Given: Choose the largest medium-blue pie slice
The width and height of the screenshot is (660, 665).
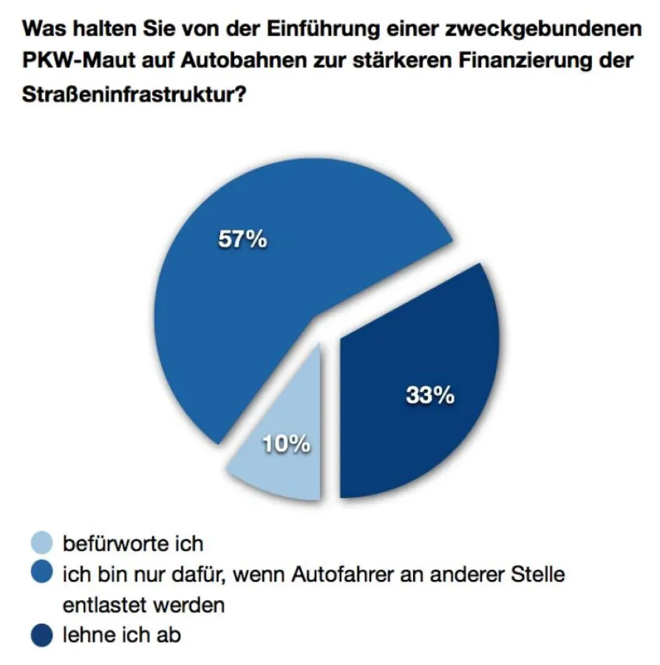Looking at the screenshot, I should (x=244, y=310).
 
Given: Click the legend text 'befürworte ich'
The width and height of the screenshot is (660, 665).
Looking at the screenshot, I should (x=132, y=544).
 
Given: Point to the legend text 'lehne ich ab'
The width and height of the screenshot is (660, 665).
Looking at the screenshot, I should (x=121, y=635).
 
